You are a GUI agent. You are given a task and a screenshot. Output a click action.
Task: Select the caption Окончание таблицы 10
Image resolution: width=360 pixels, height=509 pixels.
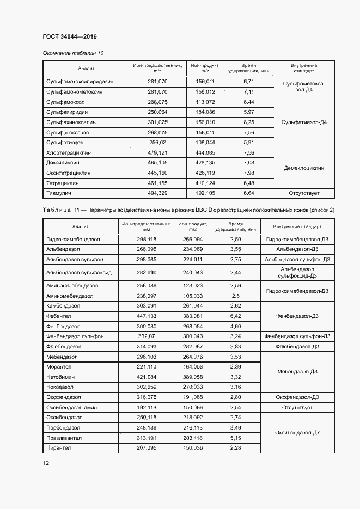(x=73, y=53)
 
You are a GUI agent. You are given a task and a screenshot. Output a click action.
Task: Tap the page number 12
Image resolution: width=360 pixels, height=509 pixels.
(x=46, y=463)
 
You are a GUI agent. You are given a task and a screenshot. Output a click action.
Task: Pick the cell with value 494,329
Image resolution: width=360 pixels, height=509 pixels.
(x=157, y=193)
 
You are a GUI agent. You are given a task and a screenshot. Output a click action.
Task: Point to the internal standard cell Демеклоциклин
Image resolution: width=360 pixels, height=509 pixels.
(x=304, y=168)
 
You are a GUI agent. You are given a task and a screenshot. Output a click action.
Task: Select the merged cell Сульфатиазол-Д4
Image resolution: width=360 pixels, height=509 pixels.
(x=304, y=122)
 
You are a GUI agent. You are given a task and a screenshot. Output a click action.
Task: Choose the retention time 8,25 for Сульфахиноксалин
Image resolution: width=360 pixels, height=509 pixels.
(x=249, y=122)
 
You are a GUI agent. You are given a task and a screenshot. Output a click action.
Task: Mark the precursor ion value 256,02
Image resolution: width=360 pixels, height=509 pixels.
(x=157, y=142)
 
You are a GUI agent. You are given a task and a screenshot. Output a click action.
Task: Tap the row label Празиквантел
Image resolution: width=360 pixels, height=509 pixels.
(x=64, y=437)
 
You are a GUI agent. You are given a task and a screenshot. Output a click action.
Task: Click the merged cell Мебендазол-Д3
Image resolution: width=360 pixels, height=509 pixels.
(x=297, y=372)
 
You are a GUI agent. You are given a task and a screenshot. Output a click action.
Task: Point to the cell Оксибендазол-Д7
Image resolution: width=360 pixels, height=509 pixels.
(x=297, y=432)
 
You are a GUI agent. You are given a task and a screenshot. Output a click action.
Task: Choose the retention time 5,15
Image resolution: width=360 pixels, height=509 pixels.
(x=235, y=437)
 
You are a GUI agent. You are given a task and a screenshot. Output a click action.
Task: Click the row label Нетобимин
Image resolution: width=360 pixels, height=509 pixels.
(x=60, y=377)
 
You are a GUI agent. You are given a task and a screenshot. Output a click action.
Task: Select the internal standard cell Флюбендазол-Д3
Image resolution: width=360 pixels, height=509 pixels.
(x=297, y=346)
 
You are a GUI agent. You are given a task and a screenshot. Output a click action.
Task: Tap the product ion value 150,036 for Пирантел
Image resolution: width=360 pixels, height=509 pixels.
(x=192, y=447)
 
